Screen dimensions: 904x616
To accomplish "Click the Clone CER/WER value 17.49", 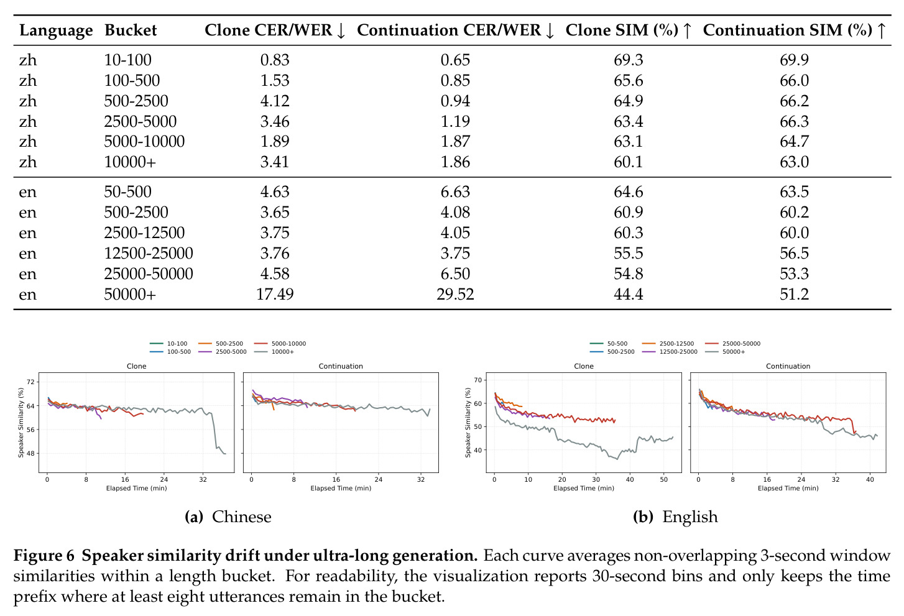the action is pyautogui.click(x=275, y=294).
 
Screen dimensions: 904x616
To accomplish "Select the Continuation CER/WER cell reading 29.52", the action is pyautogui.click(x=455, y=294).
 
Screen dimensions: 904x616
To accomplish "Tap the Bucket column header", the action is pyautogui.click(x=131, y=30).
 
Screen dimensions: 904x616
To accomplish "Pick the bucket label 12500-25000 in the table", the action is pyautogui.click(x=149, y=253).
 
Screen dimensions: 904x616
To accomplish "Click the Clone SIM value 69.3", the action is pyautogui.click(x=629, y=60).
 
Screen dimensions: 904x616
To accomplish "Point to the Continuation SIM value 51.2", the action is pyautogui.click(x=794, y=294).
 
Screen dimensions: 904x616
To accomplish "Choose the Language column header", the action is pyautogui.click(x=56, y=30).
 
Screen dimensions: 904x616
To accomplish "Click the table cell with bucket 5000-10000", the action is pyautogui.click(x=144, y=141).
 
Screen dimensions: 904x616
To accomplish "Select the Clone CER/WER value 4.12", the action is pyautogui.click(x=275, y=101).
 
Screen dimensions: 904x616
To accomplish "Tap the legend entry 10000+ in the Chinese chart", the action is pyautogui.click(x=282, y=352).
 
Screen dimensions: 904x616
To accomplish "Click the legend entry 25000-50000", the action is pyautogui.click(x=741, y=344).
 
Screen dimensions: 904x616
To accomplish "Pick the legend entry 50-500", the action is pyautogui.click(x=617, y=344).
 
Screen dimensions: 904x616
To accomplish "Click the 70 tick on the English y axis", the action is pyautogui.click(x=478, y=380).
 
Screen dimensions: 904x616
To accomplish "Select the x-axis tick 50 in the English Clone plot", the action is pyautogui.click(x=663, y=480).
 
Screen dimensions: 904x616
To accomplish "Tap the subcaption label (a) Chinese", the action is pyautogui.click(x=228, y=517).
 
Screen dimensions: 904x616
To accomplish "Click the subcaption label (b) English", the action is pyautogui.click(x=676, y=517).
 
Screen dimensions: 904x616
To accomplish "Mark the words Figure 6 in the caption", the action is pyautogui.click(x=44, y=556).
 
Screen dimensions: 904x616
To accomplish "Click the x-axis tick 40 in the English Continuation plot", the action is pyautogui.click(x=870, y=480).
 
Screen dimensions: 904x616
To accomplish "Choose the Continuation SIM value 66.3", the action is pyautogui.click(x=794, y=121).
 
